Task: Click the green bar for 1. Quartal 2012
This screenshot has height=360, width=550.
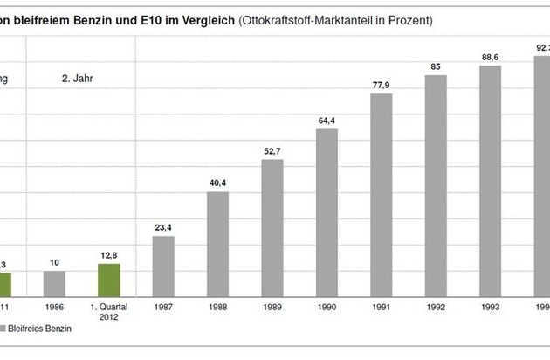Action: pyautogui.click(x=108, y=280)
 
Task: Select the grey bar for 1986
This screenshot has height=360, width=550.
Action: pyautogui.click(x=54, y=283)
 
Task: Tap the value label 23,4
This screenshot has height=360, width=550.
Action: pyautogui.click(x=163, y=228)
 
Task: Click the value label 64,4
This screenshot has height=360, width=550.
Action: pyautogui.click(x=327, y=121)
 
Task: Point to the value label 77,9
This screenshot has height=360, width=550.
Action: pyautogui.click(x=382, y=85)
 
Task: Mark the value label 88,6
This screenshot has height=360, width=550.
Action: pyautogui.click(x=490, y=58)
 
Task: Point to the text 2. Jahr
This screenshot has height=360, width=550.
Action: pyautogui.click(x=77, y=78)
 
